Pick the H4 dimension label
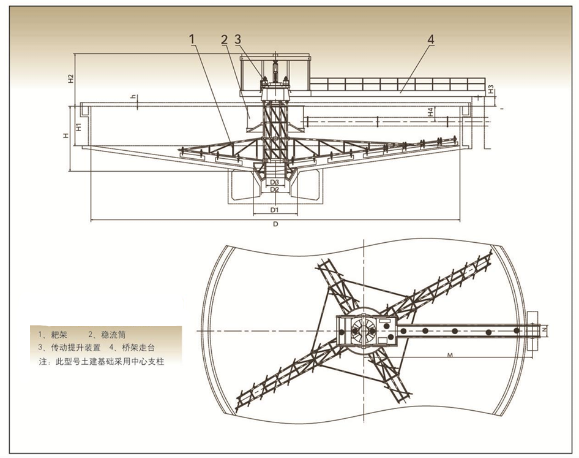pyautogui.click(x=430, y=113)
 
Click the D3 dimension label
pyautogui.click(x=275, y=183)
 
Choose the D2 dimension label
pyautogui.click(x=275, y=190)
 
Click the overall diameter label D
pyautogui.click(x=275, y=224)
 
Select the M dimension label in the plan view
pyautogui.click(x=450, y=355)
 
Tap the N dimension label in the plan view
pyautogui.click(x=544, y=329)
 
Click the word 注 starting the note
pyautogui.click(x=42, y=362)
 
